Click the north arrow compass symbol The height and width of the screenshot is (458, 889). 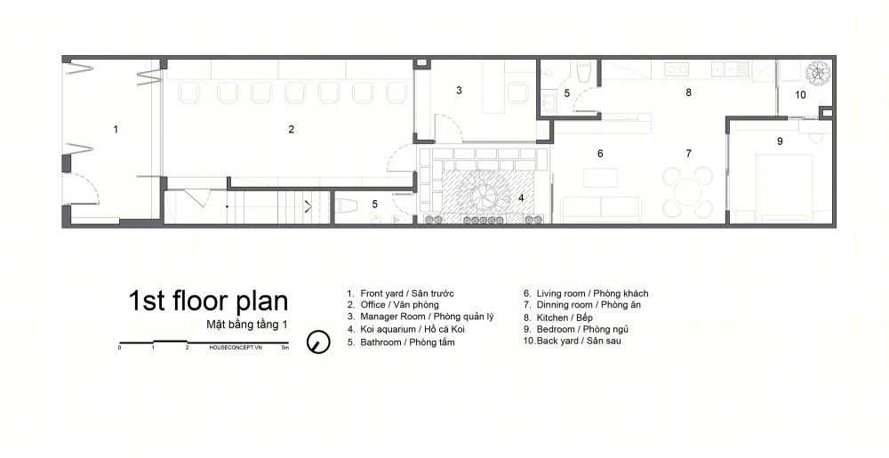click(x=318, y=341)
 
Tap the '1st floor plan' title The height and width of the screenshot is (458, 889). click(x=208, y=301)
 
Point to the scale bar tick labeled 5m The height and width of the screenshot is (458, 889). click(x=285, y=348)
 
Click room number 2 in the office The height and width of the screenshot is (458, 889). click(x=292, y=129)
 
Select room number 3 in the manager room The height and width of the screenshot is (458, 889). click(x=459, y=90)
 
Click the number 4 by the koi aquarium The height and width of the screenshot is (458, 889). click(x=521, y=198)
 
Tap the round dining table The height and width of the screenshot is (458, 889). click(x=688, y=193)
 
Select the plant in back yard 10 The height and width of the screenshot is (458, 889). click(x=818, y=73)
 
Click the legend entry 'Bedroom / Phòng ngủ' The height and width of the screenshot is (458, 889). click(x=576, y=329)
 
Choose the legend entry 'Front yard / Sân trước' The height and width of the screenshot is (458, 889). click(x=401, y=293)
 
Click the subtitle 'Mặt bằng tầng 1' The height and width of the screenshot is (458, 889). click(x=247, y=325)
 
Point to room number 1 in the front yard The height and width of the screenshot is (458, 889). click(x=116, y=129)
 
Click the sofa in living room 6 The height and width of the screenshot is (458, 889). click(x=600, y=210)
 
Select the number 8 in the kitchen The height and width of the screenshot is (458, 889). click(x=688, y=92)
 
